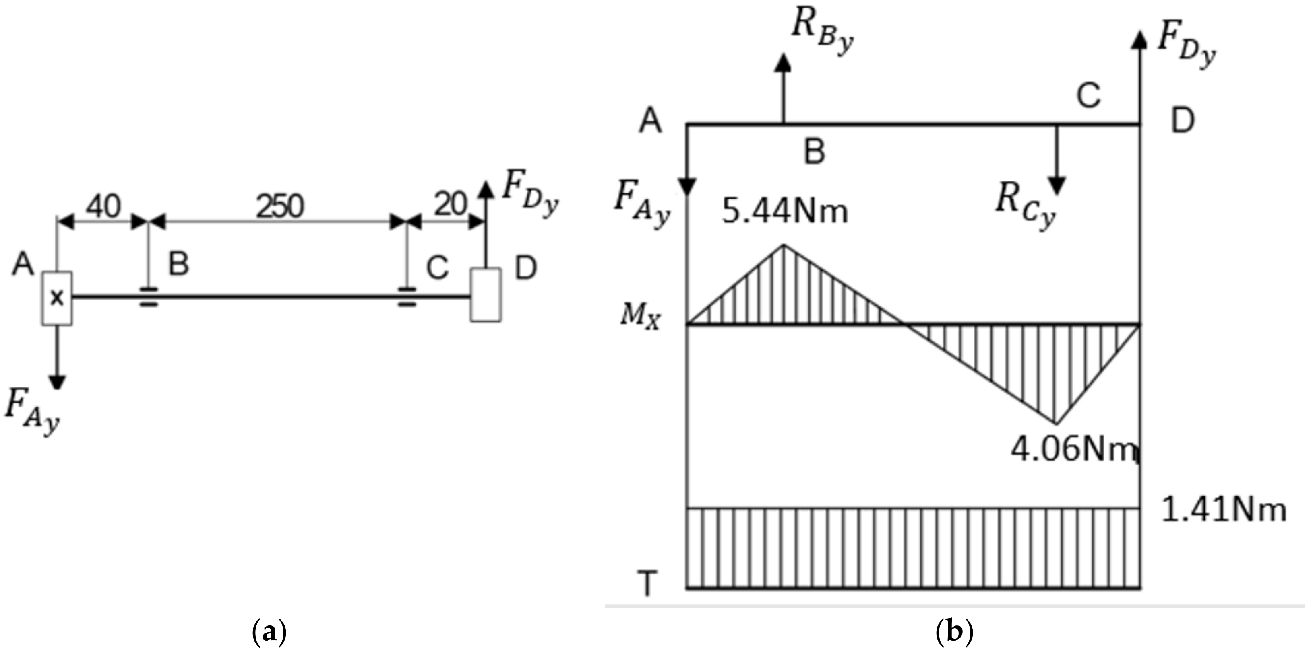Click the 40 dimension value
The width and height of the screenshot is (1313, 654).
(x=103, y=206)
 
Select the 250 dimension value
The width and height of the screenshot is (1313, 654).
(x=280, y=207)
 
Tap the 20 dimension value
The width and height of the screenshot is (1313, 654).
(x=451, y=205)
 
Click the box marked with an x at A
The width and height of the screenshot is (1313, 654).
(x=57, y=298)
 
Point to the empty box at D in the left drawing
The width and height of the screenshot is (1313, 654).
(x=486, y=295)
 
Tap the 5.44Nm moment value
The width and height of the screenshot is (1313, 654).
(x=785, y=212)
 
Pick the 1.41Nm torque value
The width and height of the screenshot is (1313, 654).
(x=1223, y=511)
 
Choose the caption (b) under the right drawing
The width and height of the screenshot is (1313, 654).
(x=955, y=633)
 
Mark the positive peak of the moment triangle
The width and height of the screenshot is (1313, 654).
(x=784, y=245)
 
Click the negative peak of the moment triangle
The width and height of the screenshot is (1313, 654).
(x=1056, y=423)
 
